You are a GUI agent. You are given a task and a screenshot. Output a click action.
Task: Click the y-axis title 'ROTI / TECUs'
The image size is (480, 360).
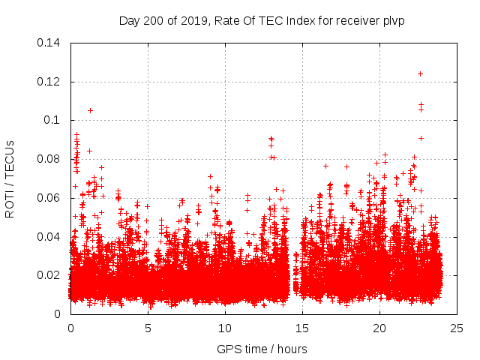tap(10, 178)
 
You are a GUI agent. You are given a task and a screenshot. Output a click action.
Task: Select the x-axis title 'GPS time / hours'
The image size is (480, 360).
tap(262, 349)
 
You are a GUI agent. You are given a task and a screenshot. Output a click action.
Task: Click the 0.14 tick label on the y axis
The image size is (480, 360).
tap(49, 43)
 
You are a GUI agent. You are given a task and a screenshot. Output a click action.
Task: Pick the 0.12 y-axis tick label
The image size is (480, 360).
tap(49, 82)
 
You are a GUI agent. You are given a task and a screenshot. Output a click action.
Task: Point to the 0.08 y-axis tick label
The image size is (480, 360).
tap(49, 159)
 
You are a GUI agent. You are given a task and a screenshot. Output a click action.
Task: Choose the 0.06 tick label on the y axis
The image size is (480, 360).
tap(49, 198)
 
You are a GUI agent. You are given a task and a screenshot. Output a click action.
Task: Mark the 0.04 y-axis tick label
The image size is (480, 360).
tap(49, 237)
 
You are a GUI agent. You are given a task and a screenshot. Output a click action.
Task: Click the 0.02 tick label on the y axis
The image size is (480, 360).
tap(49, 275)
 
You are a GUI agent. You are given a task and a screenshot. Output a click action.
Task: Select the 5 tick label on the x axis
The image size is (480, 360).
tap(148, 328)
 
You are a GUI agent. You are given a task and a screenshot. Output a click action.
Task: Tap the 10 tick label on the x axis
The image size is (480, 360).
tap(225, 328)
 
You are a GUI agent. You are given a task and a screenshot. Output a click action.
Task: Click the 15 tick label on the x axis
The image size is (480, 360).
tap(302, 328)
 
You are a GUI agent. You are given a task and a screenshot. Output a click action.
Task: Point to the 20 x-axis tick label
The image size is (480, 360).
tap(379, 328)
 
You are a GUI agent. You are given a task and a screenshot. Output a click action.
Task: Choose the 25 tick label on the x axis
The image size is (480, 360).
tap(457, 328)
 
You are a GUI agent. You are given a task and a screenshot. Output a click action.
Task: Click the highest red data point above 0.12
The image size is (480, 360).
tap(420, 73)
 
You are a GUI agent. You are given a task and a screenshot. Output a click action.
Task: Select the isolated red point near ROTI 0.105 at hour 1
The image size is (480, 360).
tap(90, 110)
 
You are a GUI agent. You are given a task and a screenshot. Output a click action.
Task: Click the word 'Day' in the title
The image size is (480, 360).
tap(128, 20)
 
